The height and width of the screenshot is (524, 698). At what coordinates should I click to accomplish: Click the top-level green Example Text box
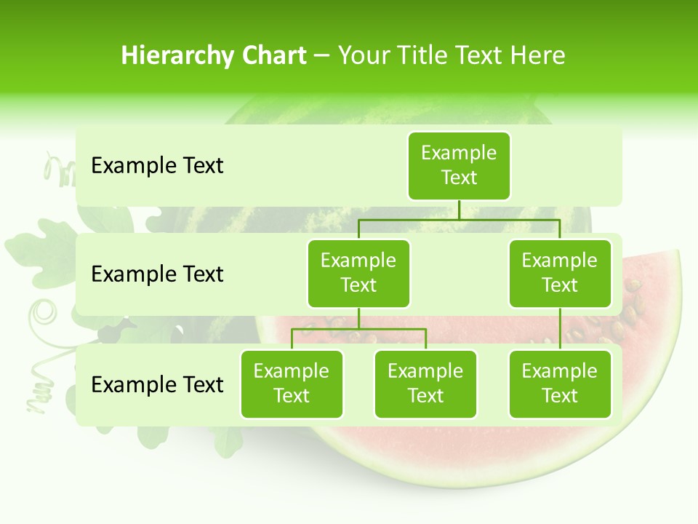[x=459, y=165]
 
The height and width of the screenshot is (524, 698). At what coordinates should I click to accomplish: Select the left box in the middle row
[x=358, y=273]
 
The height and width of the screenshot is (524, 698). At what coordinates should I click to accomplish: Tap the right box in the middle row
[x=559, y=273]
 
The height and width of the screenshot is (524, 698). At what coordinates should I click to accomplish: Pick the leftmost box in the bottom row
[x=292, y=384]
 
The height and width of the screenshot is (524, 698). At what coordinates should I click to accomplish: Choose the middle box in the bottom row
[x=425, y=384]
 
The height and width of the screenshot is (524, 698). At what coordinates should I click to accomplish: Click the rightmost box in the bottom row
[x=559, y=384]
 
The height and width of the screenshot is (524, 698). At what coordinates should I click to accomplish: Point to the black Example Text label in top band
[x=157, y=166]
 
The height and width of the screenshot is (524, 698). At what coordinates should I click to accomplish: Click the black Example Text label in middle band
[x=157, y=274]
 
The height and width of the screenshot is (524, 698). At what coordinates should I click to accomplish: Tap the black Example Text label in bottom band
[x=157, y=384]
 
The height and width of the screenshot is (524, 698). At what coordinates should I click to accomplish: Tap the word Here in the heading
[x=537, y=56]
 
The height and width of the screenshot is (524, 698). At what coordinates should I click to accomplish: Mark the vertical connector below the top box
[x=459, y=210]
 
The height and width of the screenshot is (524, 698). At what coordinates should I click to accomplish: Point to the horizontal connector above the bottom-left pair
[x=358, y=329]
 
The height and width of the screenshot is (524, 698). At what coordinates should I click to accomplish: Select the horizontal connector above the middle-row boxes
[x=459, y=219]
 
